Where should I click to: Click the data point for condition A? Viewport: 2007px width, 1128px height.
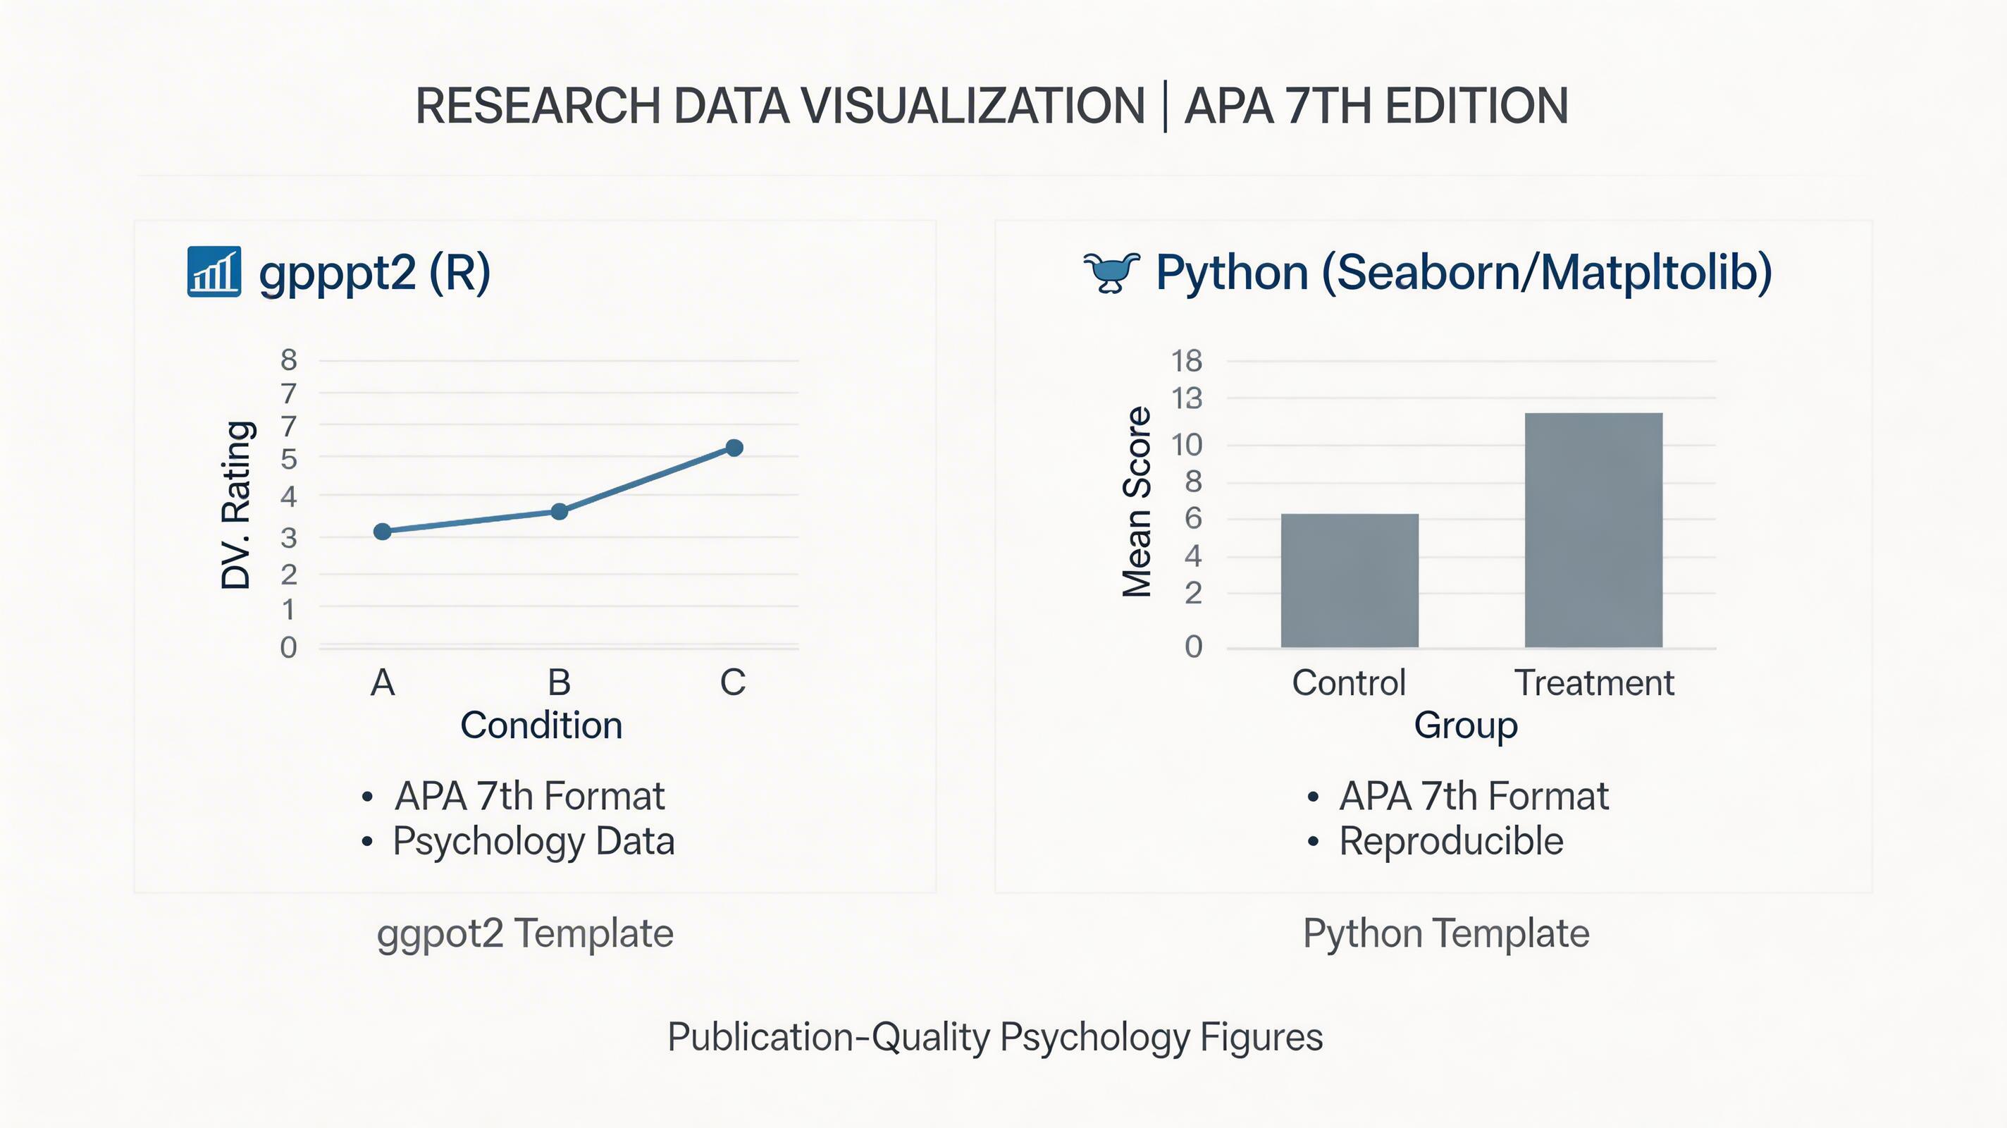(382, 532)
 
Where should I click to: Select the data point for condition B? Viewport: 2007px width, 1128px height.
(560, 511)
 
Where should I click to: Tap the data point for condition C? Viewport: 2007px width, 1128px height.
(734, 448)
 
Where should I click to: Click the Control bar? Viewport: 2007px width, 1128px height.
(1350, 580)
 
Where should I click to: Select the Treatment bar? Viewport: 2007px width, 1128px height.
(1593, 530)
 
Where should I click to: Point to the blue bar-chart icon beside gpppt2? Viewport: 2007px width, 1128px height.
(214, 272)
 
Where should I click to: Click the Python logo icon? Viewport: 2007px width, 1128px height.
(1112, 272)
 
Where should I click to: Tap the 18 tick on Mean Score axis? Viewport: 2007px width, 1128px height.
(1187, 361)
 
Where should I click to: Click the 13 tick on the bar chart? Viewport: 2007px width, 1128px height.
(1187, 399)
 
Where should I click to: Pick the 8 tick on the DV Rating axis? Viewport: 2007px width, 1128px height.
(289, 360)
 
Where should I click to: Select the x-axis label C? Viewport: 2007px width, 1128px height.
(732, 683)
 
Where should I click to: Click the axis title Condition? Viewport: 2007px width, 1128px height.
(541, 725)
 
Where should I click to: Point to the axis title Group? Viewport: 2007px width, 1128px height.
(1466, 725)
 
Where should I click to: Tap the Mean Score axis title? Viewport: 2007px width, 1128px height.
(1137, 502)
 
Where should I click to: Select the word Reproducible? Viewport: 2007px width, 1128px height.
(1451, 841)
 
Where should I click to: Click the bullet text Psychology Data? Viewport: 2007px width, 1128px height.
(533, 841)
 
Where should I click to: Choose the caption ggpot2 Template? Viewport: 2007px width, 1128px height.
(525, 933)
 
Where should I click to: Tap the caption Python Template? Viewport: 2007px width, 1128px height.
(1446, 933)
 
